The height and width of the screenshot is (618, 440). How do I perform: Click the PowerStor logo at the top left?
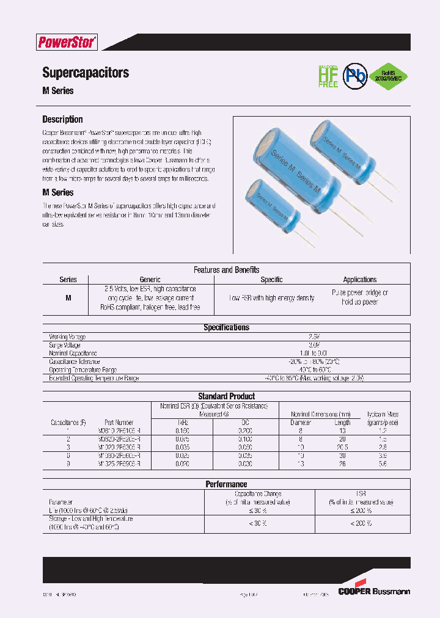click(x=67, y=42)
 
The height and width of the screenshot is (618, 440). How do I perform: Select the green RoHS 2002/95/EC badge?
click(x=389, y=76)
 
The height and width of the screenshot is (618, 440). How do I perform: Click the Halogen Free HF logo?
click(x=328, y=76)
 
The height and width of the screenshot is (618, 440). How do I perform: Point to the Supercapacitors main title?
click(x=86, y=73)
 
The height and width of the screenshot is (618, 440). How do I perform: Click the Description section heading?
click(x=62, y=120)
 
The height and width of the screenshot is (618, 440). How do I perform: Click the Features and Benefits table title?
click(x=226, y=270)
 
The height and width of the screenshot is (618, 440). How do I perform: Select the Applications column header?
click(x=360, y=280)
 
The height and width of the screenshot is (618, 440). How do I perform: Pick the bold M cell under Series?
click(x=68, y=298)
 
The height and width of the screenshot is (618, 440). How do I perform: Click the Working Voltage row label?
click(x=67, y=336)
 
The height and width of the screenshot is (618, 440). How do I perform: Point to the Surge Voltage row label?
click(x=65, y=345)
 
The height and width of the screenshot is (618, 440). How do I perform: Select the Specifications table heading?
click(x=226, y=328)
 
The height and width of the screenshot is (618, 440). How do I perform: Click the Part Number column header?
click(x=119, y=423)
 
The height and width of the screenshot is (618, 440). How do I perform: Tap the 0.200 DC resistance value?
click(x=244, y=431)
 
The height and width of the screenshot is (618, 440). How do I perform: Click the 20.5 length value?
click(x=342, y=447)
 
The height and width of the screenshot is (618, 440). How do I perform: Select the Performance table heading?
click(x=226, y=484)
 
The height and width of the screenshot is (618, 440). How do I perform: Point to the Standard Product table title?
click(x=226, y=396)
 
